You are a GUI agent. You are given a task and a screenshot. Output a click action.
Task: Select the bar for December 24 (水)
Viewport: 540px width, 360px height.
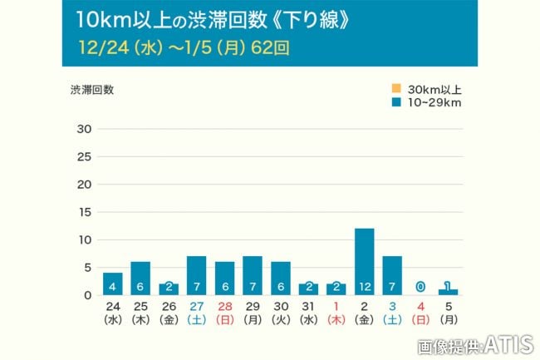pyautogui.click(x=112, y=284)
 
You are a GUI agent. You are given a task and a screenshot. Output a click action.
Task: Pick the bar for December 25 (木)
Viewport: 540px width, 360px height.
pyautogui.click(x=140, y=278)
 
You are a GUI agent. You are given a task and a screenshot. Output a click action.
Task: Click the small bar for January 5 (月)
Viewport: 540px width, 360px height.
pyautogui.click(x=449, y=292)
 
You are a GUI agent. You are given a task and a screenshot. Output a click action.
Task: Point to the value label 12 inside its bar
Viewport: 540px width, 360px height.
pyautogui.click(x=364, y=287)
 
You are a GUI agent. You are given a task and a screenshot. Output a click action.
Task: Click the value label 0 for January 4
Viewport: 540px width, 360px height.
pyautogui.click(x=420, y=287)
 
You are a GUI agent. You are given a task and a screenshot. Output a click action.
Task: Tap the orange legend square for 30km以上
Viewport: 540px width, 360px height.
pyautogui.click(x=396, y=89)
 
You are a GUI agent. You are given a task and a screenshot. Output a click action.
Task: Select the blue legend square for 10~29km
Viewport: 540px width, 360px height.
pyautogui.click(x=396, y=102)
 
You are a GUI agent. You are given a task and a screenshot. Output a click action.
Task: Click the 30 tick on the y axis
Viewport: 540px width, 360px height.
pyautogui.click(x=83, y=129)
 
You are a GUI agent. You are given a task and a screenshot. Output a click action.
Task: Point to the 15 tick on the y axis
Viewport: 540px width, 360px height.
pyautogui.click(x=83, y=212)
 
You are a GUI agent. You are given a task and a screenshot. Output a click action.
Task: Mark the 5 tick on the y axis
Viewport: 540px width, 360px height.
pyautogui.click(x=86, y=267)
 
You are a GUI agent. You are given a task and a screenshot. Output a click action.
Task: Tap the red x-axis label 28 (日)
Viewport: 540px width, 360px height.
pyautogui.click(x=224, y=312)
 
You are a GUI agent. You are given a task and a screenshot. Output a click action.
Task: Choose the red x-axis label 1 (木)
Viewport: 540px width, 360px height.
pyautogui.click(x=336, y=312)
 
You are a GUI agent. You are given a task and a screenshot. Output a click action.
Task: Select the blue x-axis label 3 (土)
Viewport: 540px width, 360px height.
pyautogui.click(x=392, y=312)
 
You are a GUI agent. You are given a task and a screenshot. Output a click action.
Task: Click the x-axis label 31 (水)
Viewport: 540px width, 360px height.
pyautogui.click(x=308, y=312)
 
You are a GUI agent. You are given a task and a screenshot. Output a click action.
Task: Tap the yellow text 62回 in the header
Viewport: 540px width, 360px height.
pyautogui.click(x=272, y=47)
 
